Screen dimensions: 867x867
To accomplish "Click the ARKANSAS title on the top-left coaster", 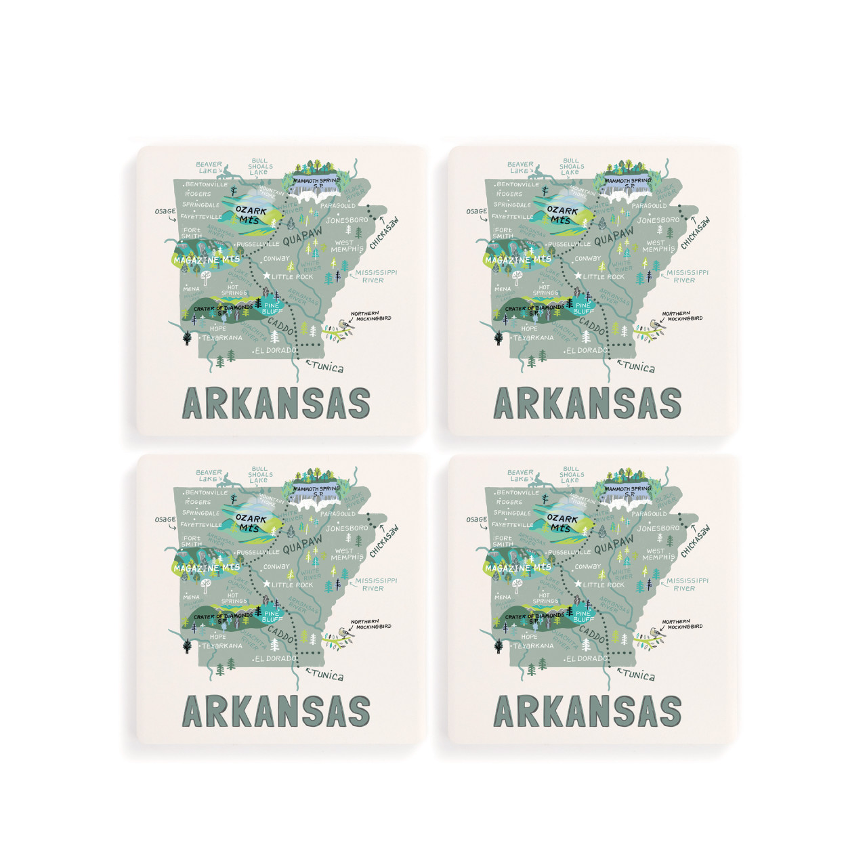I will (277, 404).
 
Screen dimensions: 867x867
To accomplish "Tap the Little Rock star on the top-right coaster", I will (578, 276).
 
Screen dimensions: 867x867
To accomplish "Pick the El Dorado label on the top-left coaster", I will (276, 351).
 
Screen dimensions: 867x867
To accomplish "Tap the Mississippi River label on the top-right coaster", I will (687, 276).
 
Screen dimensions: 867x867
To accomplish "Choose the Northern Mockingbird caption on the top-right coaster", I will (682, 316).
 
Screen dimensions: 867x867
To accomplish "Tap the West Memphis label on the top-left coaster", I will (347, 245).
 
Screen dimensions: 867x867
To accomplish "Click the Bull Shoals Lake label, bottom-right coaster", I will (570, 474).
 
